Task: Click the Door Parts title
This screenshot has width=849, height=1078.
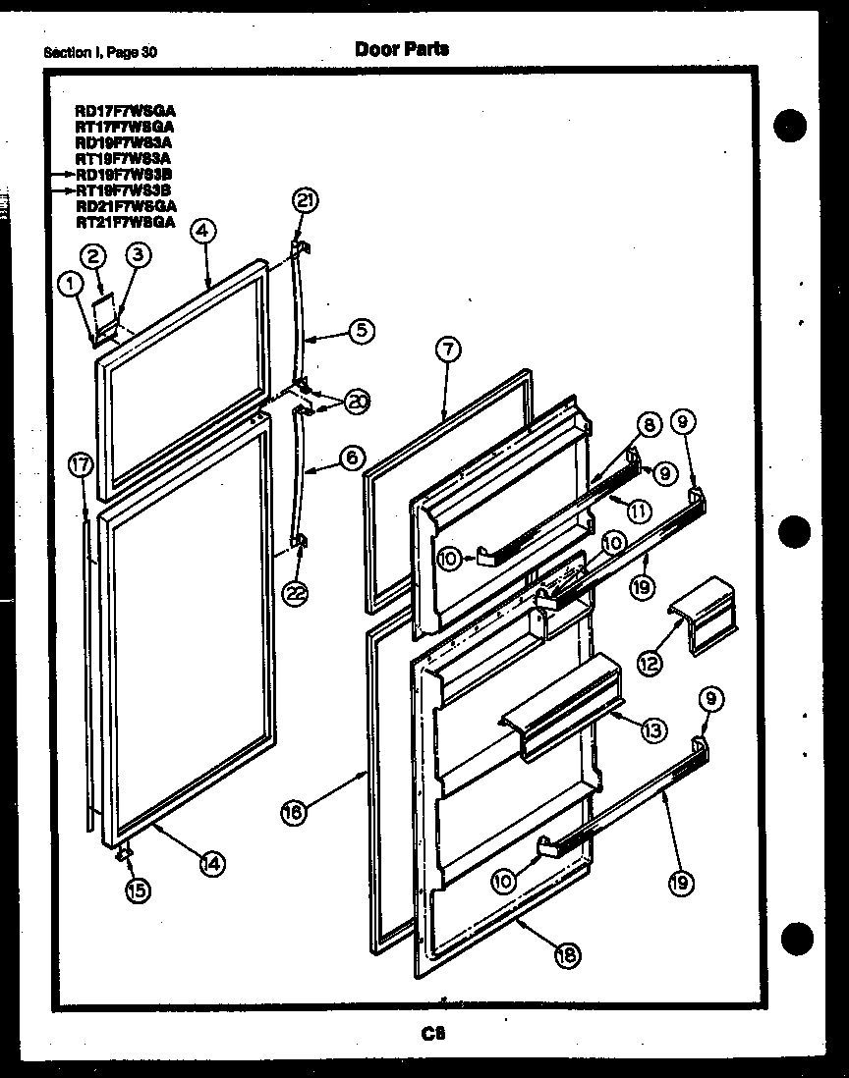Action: pyautogui.click(x=402, y=49)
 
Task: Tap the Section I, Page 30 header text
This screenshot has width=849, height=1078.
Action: pyautogui.click(x=100, y=52)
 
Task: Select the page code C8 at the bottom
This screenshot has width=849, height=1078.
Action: pyautogui.click(x=432, y=1033)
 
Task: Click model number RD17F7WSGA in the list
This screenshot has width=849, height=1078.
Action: pyautogui.click(x=125, y=111)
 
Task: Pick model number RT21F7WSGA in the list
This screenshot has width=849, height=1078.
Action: pyautogui.click(x=125, y=222)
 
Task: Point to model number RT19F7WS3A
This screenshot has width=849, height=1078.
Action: pyautogui.click(x=123, y=158)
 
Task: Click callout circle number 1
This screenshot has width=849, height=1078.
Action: pyautogui.click(x=69, y=284)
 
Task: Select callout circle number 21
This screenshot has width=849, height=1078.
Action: pyautogui.click(x=306, y=201)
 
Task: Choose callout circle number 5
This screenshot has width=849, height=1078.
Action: pyautogui.click(x=362, y=332)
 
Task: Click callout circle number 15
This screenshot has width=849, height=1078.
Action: pyautogui.click(x=138, y=891)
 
